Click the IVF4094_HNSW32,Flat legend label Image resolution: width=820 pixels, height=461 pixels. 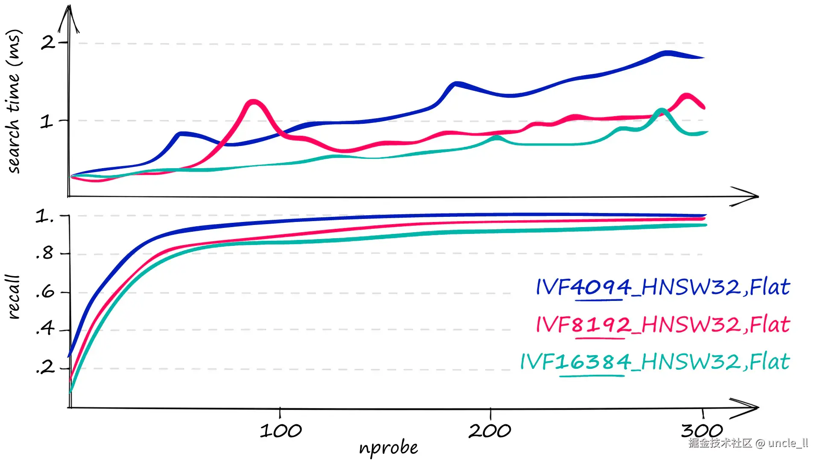tap(663, 287)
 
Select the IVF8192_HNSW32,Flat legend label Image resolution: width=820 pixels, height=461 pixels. tap(663, 324)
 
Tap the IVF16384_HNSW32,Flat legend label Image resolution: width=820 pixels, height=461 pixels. tap(655, 362)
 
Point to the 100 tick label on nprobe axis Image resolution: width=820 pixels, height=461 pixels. tap(281, 431)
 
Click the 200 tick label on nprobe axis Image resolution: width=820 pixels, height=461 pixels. tap(490, 431)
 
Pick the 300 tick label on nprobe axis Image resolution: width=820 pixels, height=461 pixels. tap(702, 431)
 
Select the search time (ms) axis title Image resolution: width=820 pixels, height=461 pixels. tap(14, 102)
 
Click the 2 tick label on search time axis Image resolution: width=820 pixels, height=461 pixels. tap(47, 42)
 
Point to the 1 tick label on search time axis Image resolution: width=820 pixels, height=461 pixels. tap(47, 122)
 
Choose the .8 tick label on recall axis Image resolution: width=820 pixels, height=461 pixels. tap(44, 254)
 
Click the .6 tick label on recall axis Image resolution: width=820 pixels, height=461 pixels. tap(45, 292)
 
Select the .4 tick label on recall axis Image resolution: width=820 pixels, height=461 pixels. tap(45, 329)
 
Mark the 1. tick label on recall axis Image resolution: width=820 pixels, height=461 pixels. tap(44, 216)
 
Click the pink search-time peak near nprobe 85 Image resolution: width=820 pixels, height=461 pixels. tap(254, 102)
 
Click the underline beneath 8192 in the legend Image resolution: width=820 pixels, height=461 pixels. tap(600, 338)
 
